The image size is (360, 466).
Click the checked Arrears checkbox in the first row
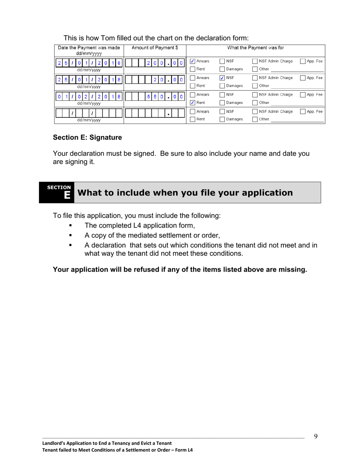(193, 61)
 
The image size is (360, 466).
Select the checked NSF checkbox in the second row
(222, 78)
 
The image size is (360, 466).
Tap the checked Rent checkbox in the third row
(193, 103)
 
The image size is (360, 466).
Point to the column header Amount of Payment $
(155, 48)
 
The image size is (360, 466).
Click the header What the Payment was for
(255, 48)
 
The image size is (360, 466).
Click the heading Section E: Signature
(88, 138)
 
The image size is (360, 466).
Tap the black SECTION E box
(57, 192)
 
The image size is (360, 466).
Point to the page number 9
(316, 436)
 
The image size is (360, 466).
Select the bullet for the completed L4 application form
(70, 226)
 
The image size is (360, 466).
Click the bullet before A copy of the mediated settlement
(70, 235)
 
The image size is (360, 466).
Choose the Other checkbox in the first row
(255, 69)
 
